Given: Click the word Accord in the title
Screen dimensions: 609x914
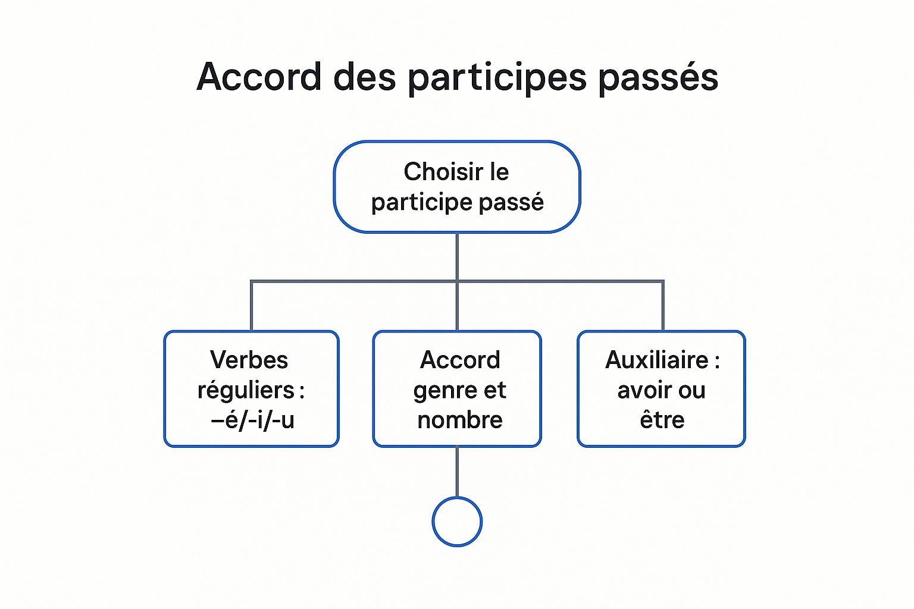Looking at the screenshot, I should pos(259,77).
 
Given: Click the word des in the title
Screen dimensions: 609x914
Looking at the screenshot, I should pos(364,77).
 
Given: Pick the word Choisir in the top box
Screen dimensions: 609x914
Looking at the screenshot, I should pos(443,172).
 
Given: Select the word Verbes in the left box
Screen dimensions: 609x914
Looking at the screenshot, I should pos(249,360).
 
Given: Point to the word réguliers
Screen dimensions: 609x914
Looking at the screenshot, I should pos(246,390).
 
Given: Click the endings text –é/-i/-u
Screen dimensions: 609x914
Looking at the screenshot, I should pos(253,420).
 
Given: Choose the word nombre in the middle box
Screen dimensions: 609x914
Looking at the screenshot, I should pos(459,420).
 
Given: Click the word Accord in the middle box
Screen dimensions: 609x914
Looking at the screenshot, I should pos(459,360).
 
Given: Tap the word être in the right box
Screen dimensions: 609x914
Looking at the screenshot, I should pos(662,420).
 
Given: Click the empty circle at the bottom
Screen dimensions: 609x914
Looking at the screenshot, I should pos(457,522).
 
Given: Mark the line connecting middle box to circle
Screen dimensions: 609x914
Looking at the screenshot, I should pos(457,472).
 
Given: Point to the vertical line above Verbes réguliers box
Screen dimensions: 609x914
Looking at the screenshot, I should pos(251,306).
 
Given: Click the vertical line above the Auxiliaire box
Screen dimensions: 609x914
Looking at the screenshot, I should pos(662,306).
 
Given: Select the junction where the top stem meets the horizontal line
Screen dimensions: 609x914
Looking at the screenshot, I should pos(457,281).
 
